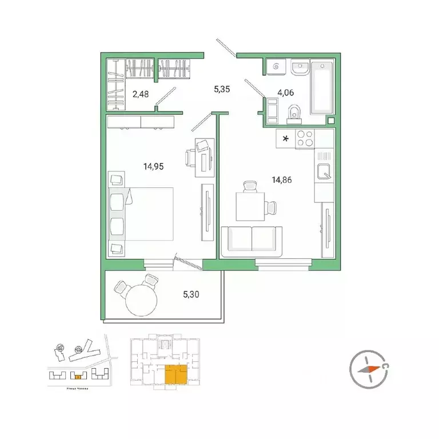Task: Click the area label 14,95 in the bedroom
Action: [154, 167]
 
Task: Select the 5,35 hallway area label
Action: [221, 90]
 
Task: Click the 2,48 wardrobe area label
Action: [141, 94]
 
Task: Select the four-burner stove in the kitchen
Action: [304, 139]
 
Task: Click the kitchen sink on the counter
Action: [324, 171]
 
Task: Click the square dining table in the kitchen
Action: [251, 205]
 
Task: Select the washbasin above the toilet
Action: [299, 68]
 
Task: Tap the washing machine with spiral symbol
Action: [277, 67]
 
